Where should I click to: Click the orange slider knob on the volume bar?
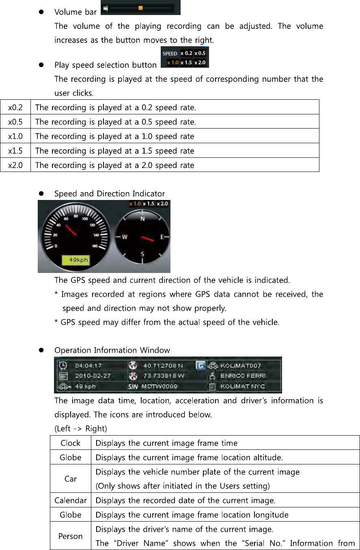pyautogui.click(x=140, y=8)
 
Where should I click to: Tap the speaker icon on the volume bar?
pyautogui.click(x=106, y=8)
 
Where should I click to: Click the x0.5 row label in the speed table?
pyautogui.click(x=15, y=122)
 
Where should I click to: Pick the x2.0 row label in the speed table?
pyautogui.click(x=15, y=165)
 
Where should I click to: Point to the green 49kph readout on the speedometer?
pyautogui.click(x=75, y=260)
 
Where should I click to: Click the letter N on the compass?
pyautogui.click(x=142, y=219)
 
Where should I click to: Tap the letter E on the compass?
pyautogui.click(x=162, y=237)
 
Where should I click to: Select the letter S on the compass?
pyautogui.click(x=142, y=254)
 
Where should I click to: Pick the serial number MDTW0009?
pyautogui.click(x=159, y=387)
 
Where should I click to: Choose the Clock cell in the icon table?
pyautogui.click(x=71, y=443)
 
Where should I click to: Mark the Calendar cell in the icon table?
pyautogui.click(x=71, y=500)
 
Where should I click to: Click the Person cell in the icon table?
pyautogui.click(x=71, y=536)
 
